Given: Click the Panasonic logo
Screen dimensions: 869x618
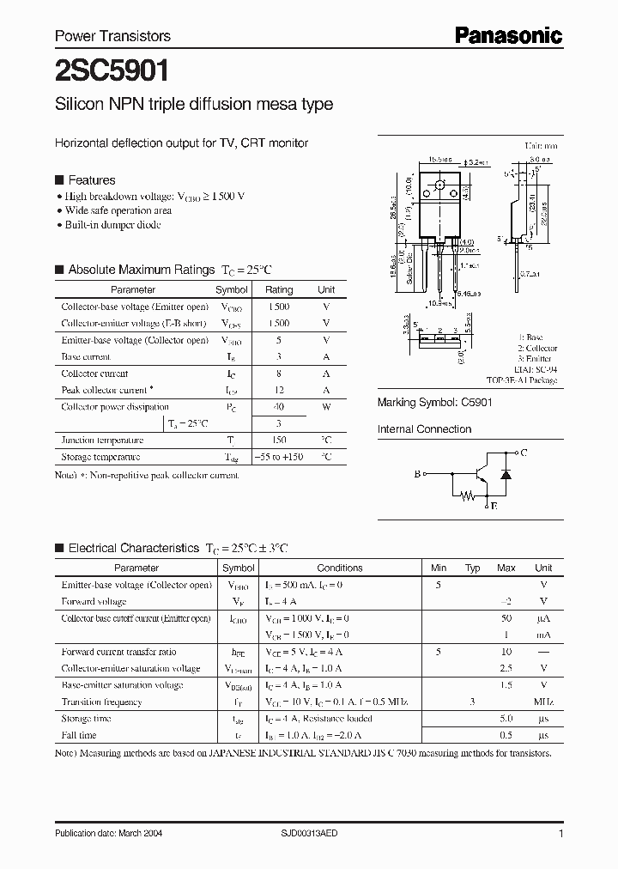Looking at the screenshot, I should [508, 35].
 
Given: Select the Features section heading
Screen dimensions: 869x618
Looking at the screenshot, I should [92, 180].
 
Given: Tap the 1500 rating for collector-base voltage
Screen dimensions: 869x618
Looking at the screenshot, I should [279, 307].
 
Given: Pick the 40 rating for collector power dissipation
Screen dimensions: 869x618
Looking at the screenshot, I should [279, 407].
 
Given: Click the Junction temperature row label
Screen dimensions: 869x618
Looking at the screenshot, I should [100, 440].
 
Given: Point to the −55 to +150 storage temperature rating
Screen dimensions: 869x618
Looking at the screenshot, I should [279, 457].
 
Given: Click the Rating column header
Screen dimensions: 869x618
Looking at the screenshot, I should [279, 290].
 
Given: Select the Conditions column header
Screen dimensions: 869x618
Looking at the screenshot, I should [340, 568].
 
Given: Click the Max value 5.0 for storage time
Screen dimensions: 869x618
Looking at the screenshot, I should [506, 718].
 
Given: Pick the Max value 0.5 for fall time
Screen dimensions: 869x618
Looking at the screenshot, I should [506, 735].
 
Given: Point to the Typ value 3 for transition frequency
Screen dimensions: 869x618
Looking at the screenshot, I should [472, 702].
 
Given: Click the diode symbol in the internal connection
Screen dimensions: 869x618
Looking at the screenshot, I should [506, 473].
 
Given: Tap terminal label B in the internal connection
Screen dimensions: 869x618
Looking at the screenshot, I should [418, 473].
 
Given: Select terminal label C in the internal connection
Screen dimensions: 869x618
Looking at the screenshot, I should [524, 452].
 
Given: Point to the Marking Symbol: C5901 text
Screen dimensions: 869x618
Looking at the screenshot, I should [434, 403].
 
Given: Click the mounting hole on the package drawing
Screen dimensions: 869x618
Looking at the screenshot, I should [440, 185].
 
